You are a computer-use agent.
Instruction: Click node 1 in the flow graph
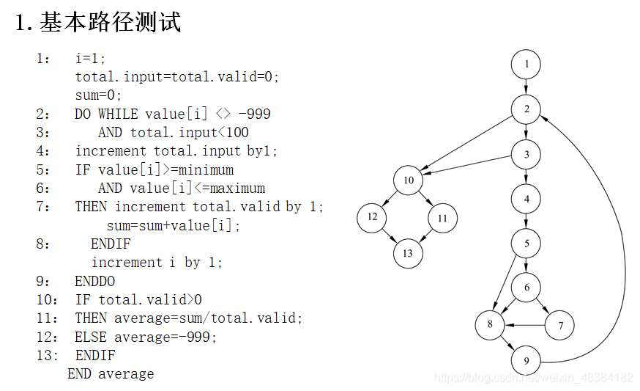pos(526,65)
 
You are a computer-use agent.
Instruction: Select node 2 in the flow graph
pos(526,109)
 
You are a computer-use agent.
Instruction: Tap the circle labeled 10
pos(408,180)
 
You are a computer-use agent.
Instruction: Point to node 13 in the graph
pos(408,253)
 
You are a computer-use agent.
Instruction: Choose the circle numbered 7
pos(560,325)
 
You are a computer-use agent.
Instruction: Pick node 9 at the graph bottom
pos(526,361)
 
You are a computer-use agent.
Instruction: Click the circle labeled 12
pos(372,217)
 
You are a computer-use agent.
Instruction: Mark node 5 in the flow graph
pos(526,243)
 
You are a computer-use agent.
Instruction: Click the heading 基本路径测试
pos(110,23)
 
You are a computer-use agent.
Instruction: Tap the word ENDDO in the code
pos(95,281)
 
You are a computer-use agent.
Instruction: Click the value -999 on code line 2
pos(255,114)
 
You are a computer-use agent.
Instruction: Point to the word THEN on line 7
pos(92,206)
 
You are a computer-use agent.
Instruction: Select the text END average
pos(111,373)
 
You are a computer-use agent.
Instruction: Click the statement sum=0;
pos(98,95)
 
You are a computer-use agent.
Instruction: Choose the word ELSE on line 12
pos(91,337)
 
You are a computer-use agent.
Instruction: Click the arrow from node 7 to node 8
pos(529,324)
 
